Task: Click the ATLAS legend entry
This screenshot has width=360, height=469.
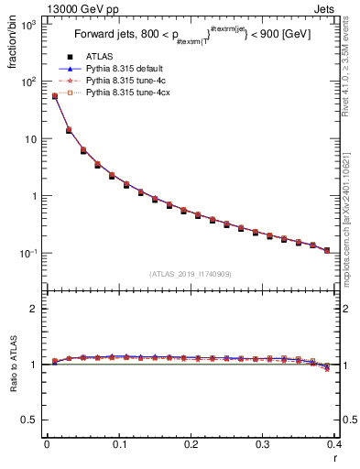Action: pyautogui.click(x=99, y=57)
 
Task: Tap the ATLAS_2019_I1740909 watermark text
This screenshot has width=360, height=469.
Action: pyautogui.click(x=191, y=274)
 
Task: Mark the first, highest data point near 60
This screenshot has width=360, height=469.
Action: pyautogui.click(x=54, y=96)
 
